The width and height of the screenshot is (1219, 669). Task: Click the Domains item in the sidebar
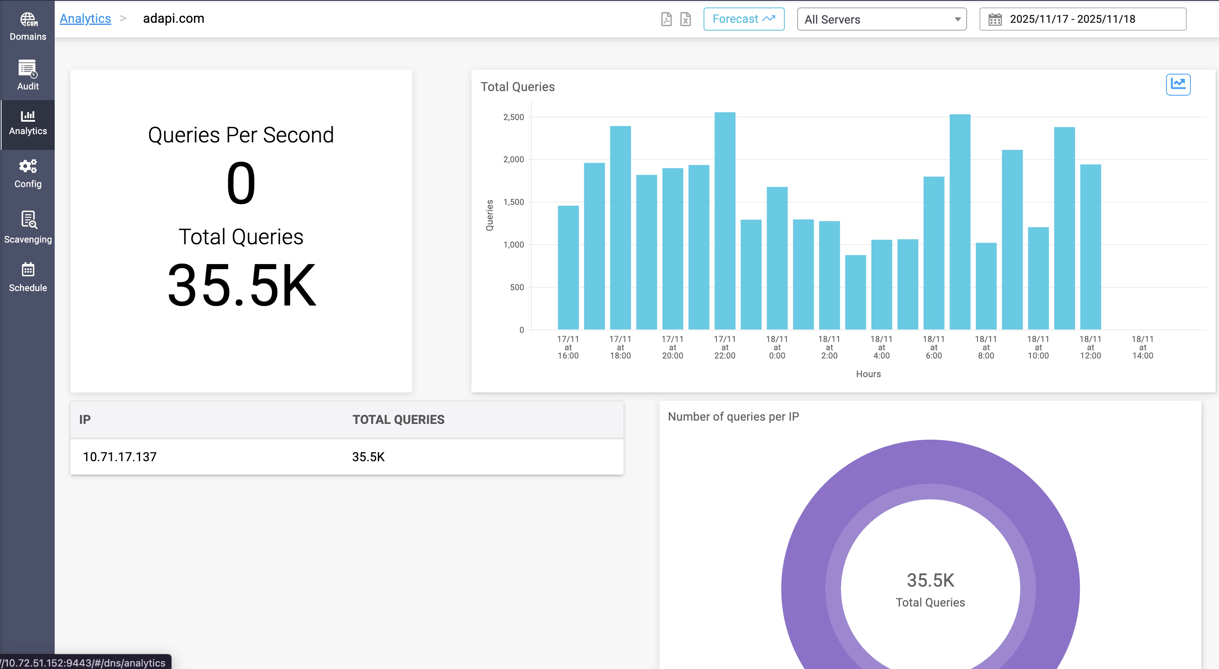pyautogui.click(x=28, y=26)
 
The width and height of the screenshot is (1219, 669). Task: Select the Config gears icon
pyautogui.click(x=28, y=166)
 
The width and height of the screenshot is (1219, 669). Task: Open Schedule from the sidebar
pyautogui.click(x=28, y=277)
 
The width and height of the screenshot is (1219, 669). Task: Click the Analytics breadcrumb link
pyautogui.click(x=85, y=19)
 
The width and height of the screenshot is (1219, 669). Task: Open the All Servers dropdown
pyautogui.click(x=881, y=19)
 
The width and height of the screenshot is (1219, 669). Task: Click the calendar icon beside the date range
pyautogui.click(x=995, y=19)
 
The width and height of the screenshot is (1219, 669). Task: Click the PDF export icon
pyautogui.click(x=666, y=19)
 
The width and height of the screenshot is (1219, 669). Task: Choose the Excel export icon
pyautogui.click(x=685, y=19)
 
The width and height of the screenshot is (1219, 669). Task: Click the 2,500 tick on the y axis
pyautogui.click(x=513, y=117)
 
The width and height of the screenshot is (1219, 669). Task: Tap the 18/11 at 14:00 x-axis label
pyautogui.click(x=1142, y=347)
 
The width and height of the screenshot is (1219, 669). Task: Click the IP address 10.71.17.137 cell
pyautogui.click(x=120, y=457)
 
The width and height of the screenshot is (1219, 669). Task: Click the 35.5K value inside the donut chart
pyautogui.click(x=930, y=580)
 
